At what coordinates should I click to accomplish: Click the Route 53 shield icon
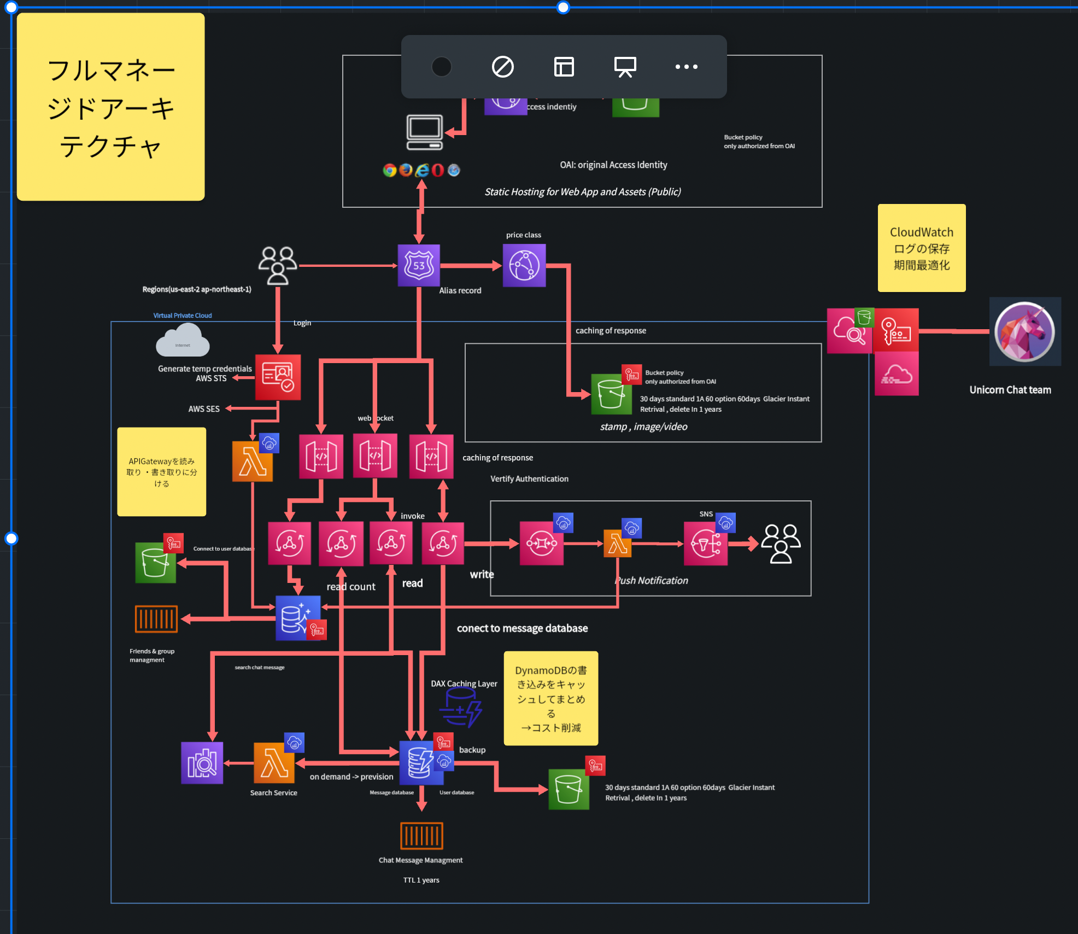(x=419, y=266)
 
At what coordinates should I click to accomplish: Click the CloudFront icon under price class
(x=524, y=266)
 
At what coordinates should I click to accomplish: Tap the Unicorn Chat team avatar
(x=1024, y=332)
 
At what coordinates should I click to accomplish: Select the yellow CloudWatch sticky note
(x=922, y=248)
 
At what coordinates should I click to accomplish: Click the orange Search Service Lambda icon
(x=274, y=763)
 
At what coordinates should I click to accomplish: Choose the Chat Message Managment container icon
(x=421, y=836)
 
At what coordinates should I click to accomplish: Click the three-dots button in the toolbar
(x=686, y=67)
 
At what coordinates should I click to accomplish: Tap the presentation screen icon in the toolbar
(x=625, y=67)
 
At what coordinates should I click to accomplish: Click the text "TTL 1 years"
(x=421, y=880)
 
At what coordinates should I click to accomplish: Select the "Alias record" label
(x=460, y=291)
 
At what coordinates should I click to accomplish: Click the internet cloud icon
(x=183, y=341)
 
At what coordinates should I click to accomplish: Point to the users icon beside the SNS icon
(x=781, y=543)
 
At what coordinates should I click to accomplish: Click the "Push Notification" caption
(x=652, y=581)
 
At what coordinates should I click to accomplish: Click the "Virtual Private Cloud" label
(x=182, y=316)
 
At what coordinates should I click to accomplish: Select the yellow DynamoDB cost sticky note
(x=550, y=698)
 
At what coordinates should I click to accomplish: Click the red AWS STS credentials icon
(x=278, y=377)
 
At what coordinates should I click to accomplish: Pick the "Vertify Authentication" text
(x=529, y=479)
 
